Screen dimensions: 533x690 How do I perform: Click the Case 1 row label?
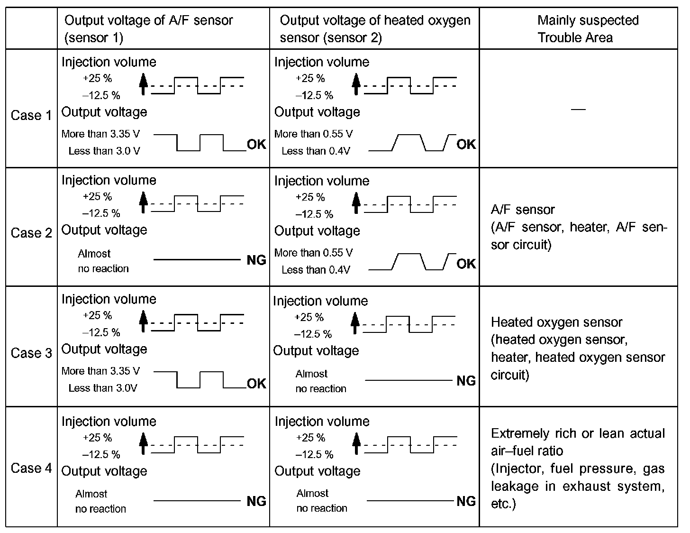click(31, 116)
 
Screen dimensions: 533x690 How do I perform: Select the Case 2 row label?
click(31, 233)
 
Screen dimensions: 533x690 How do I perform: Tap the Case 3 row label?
click(31, 353)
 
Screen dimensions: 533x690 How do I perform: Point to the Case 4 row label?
click(31, 469)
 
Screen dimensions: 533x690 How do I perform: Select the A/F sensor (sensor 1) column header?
click(148, 29)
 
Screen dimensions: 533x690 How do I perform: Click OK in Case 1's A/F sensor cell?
click(256, 145)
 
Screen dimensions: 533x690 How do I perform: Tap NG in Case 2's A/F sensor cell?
click(256, 260)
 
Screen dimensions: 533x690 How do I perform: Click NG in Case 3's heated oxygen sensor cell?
click(466, 381)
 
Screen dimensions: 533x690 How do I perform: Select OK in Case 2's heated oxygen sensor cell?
click(466, 264)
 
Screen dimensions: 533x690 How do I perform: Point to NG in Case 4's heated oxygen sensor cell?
click(466, 501)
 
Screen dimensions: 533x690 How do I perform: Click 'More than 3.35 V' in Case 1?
click(100, 134)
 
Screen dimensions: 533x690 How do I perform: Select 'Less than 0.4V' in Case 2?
click(316, 270)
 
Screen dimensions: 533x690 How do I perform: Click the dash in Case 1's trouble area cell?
click(578, 110)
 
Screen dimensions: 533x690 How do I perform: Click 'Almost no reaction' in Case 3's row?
click(320, 381)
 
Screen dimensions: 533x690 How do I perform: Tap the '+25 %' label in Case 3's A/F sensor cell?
click(97, 315)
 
